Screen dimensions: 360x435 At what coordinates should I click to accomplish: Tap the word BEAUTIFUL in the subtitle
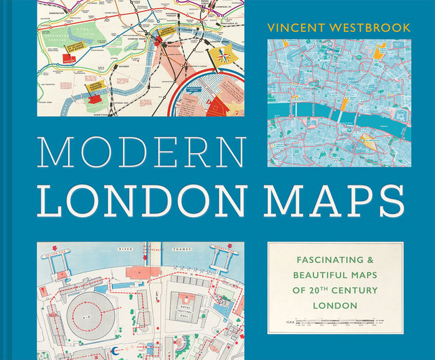(319, 276)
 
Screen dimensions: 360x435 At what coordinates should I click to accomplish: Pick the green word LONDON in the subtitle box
(334, 306)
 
